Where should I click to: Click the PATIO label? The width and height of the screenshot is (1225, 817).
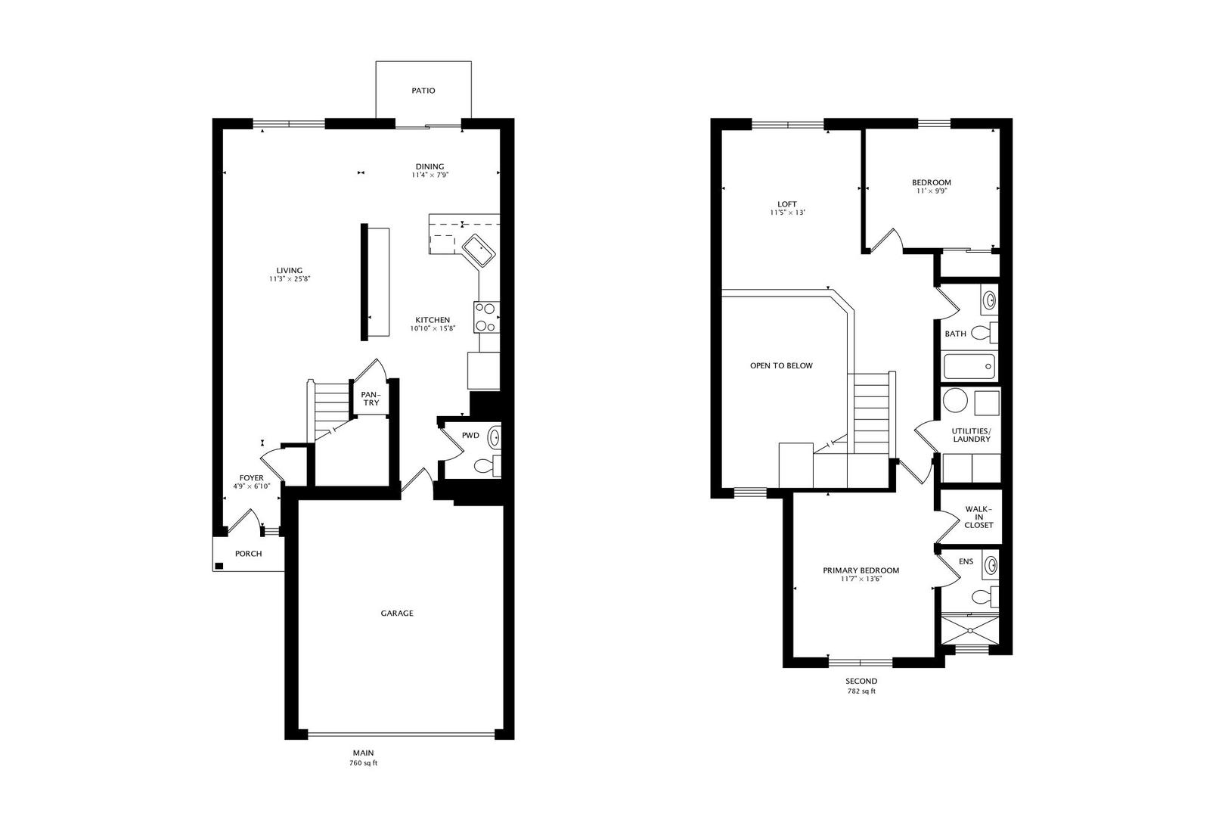click(x=423, y=91)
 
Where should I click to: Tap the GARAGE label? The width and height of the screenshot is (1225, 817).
click(x=397, y=614)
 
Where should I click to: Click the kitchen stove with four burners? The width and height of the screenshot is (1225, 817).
click(x=485, y=317)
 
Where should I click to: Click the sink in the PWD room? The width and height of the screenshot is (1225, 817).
click(x=494, y=436)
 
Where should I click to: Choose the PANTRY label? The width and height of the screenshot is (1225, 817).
click(x=371, y=399)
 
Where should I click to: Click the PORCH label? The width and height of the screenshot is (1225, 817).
click(x=248, y=554)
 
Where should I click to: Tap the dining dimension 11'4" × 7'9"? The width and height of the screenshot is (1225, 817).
click(x=430, y=176)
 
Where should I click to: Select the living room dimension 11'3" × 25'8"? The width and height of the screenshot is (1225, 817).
click(x=290, y=279)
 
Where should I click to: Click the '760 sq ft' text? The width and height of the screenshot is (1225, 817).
click(x=363, y=763)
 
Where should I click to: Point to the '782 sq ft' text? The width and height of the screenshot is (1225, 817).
click(x=861, y=691)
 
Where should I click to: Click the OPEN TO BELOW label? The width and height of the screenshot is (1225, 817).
click(x=781, y=366)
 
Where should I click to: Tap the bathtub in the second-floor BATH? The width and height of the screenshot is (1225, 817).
click(x=969, y=368)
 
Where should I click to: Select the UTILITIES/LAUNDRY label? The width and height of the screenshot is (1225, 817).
click(x=971, y=435)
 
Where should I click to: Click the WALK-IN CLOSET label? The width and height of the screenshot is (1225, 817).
click(x=978, y=517)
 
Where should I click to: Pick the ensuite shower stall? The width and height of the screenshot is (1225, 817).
click(x=970, y=629)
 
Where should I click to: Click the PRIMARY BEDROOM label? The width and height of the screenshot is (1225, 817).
click(x=861, y=570)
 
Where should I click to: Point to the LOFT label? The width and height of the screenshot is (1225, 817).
click(x=787, y=204)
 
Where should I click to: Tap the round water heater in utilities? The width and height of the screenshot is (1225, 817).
click(x=955, y=400)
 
